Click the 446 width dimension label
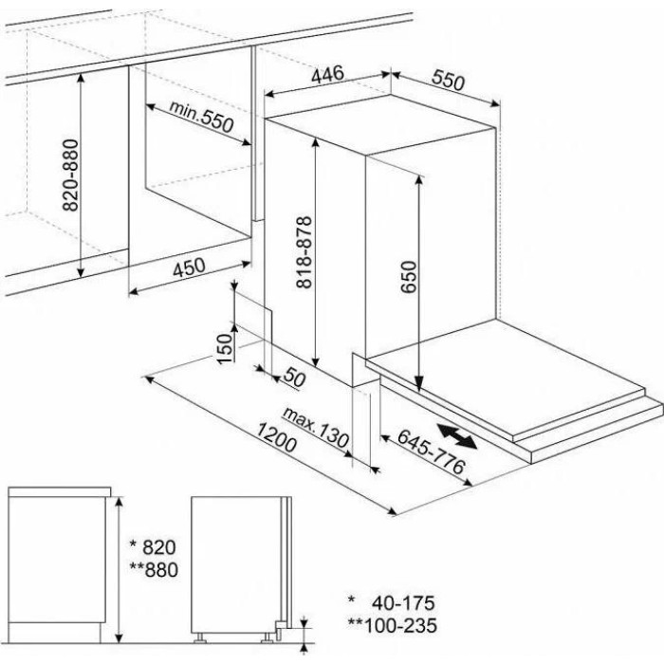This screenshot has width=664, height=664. click(x=327, y=75)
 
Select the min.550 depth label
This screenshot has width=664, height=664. click(x=201, y=116)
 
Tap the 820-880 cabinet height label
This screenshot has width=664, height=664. click(x=71, y=175)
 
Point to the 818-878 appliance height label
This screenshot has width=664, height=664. click(x=304, y=252)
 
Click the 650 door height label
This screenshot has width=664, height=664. click(x=409, y=277)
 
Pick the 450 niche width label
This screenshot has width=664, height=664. click(x=190, y=267)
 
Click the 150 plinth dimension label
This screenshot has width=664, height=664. click(x=225, y=348)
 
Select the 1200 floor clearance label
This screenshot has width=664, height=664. click(x=276, y=437)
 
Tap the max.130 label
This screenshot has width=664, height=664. click(x=316, y=427)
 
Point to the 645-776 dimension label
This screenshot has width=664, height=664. click(x=431, y=452)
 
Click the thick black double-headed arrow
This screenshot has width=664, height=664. click(x=457, y=435)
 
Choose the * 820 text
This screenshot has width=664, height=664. click(x=153, y=546)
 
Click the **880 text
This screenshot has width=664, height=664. click(x=154, y=569)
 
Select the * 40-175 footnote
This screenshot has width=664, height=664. click(x=391, y=602)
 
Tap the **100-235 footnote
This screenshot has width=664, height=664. click(x=392, y=625)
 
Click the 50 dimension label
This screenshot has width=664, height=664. click(x=294, y=377)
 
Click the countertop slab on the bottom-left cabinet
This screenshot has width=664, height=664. click(x=60, y=491)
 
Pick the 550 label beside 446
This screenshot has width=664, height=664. click(x=448, y=81)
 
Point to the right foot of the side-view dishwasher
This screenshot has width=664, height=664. click(x=267, y=638)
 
